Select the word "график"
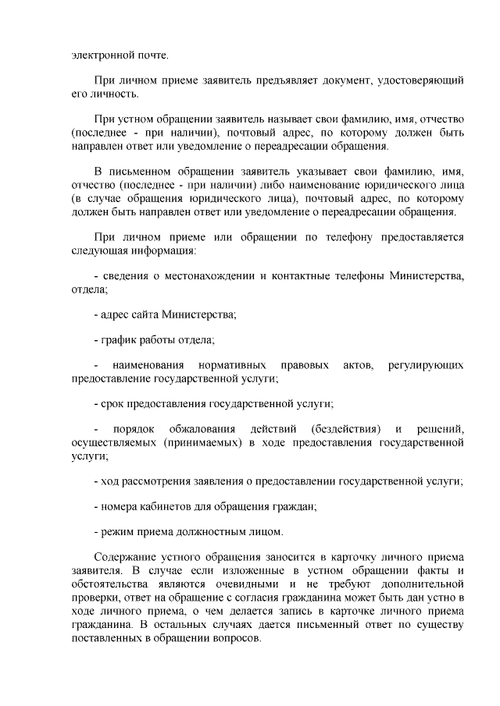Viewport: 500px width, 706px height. (x=118, y=340)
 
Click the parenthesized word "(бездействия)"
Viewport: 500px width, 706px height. (x=345, y=430)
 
